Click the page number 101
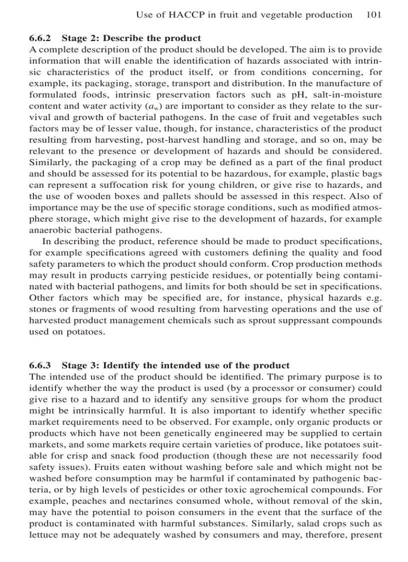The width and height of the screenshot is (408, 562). click(x=373, y=15)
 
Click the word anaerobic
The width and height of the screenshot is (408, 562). click(x=48, y=230)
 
